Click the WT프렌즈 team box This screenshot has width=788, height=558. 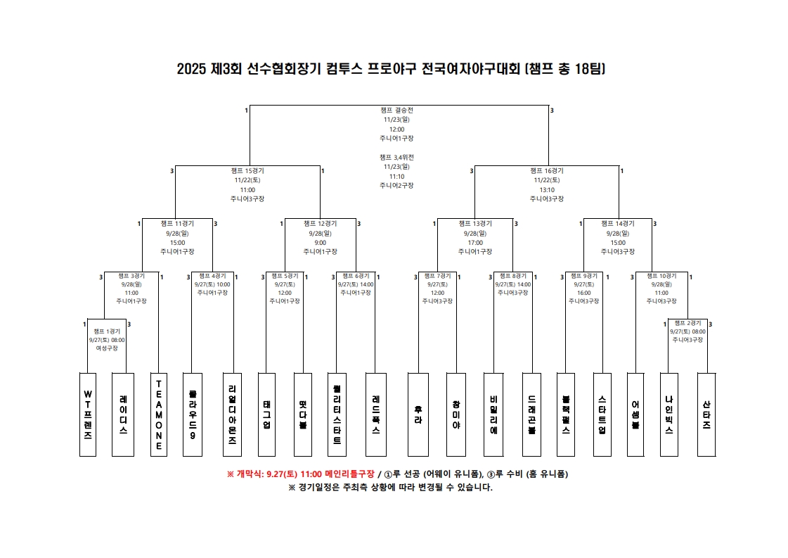click(88, 414)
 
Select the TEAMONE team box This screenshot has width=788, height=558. click(159, 414)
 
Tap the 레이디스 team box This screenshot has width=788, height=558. click(123, 414)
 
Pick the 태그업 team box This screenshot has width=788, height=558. click(266, 414)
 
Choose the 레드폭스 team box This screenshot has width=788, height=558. click(376, 414)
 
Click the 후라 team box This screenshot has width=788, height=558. click(418, 414)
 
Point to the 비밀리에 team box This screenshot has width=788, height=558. click(493, 414)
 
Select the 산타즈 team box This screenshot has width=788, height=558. click(706, 414)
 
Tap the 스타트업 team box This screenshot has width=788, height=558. click(602, 414)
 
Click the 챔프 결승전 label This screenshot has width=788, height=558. click(396, 110)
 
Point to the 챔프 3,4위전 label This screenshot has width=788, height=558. click(396, 157)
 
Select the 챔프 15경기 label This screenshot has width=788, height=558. click(247, 171)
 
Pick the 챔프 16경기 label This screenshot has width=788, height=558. click(547, 171)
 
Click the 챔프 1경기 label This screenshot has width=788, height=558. click(107, 331)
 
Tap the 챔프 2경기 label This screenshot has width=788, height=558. click(687, 323)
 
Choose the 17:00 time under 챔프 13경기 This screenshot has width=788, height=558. click(475, 242)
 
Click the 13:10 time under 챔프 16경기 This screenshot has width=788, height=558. click(547, 190)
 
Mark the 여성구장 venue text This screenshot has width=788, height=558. click(107, 348)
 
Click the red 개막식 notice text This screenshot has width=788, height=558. click(300, 474)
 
